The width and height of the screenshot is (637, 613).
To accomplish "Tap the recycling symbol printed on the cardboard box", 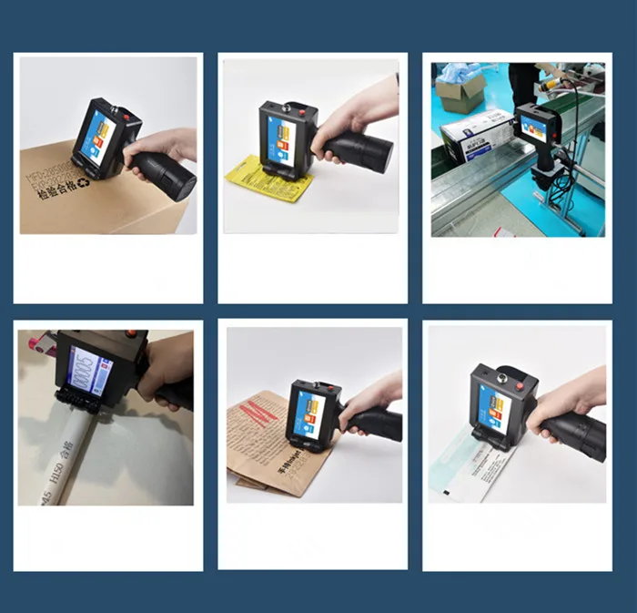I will pyautogui.click(x=84, y=182).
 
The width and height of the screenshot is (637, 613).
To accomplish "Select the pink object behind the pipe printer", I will pyautogui.click(x=42, y=344).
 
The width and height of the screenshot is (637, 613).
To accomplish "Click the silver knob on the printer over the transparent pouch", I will pyautogui.click(x=499, y=375).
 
